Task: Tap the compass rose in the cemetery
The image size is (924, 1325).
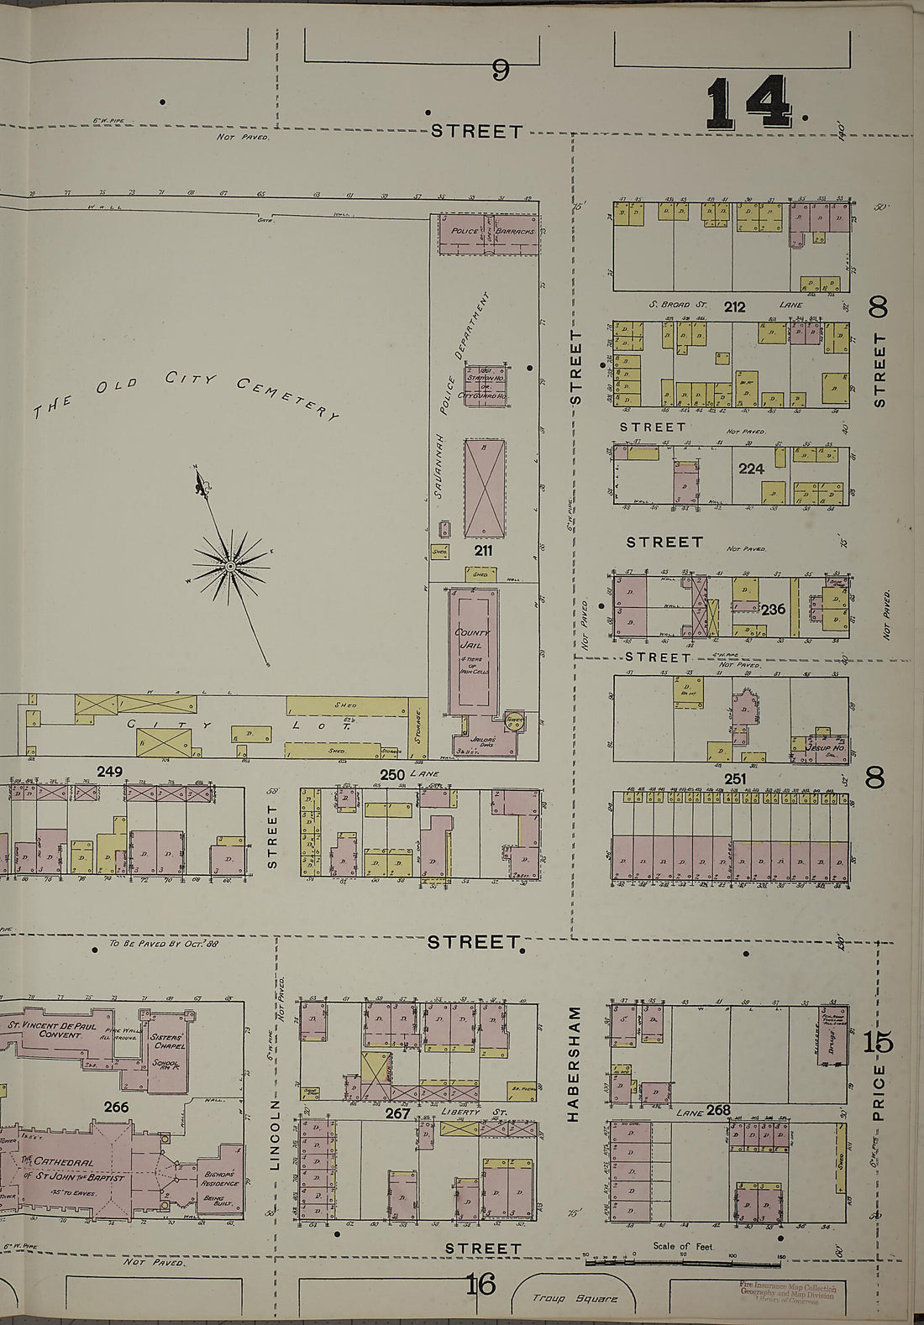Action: click(x=228, y=568)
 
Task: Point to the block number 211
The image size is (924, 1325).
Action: click(x=482, y=551)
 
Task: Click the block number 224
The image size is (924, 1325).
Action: click(x=751, y=469)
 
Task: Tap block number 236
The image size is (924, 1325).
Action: click(x=773, y=609)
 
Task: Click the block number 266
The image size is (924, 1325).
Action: click(x=116, y=1108)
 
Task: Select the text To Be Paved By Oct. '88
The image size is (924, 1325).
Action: click(x=164, y=944)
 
